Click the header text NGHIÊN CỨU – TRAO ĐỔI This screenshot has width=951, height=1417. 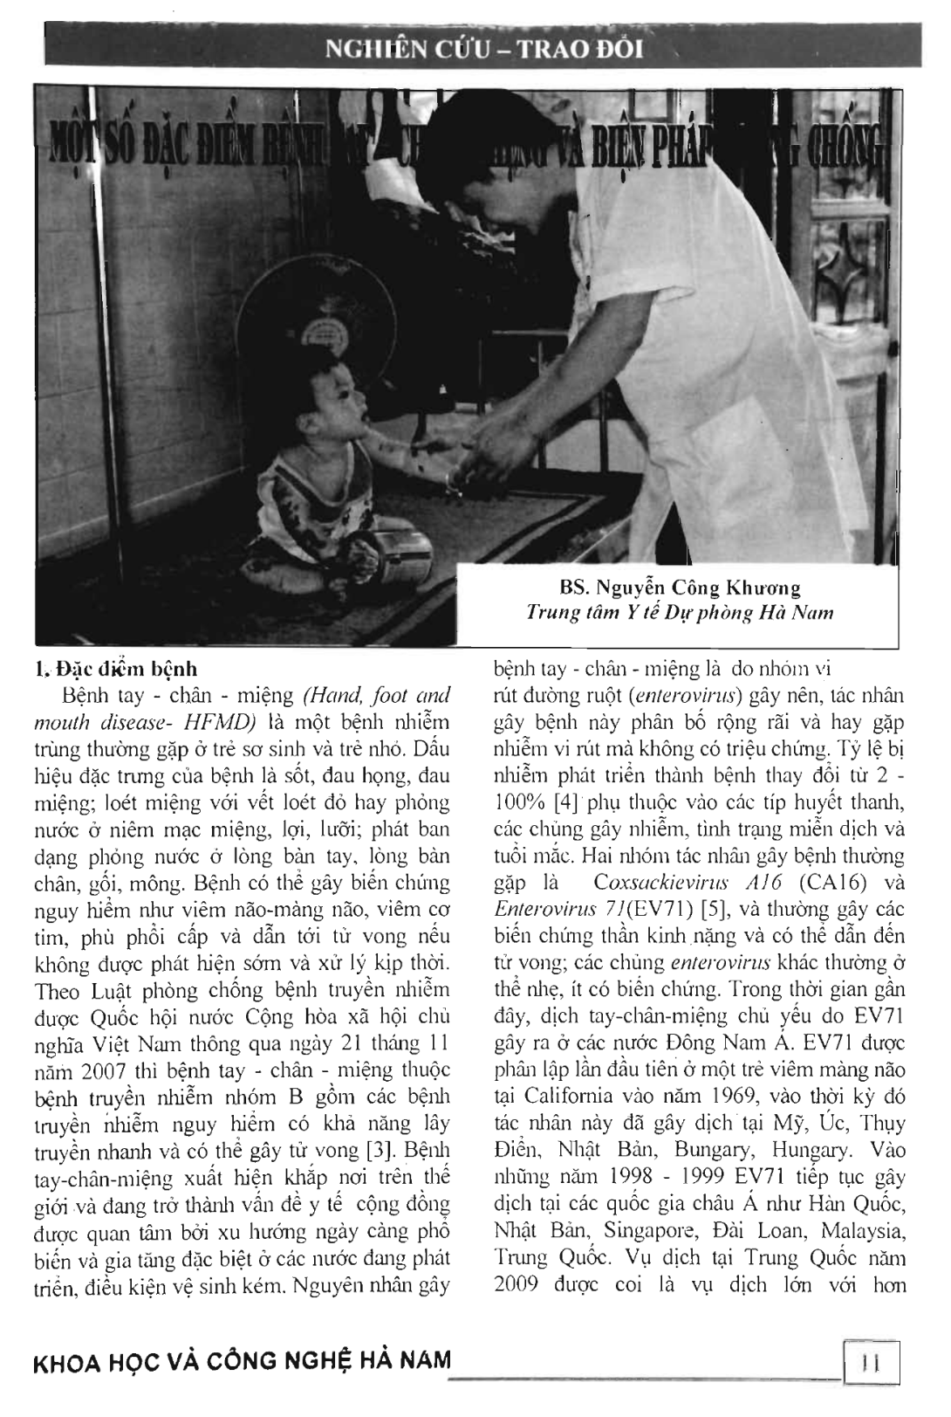[484, 48]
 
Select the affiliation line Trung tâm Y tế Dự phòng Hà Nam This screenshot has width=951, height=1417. [680, 613]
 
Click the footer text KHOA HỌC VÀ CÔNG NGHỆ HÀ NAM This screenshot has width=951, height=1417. [242, 1360]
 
